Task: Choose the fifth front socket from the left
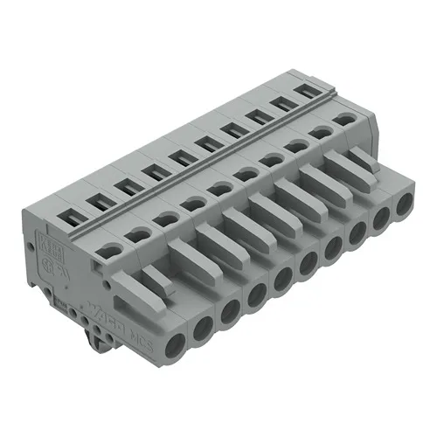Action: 281,281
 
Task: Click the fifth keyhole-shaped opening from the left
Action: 217,188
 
